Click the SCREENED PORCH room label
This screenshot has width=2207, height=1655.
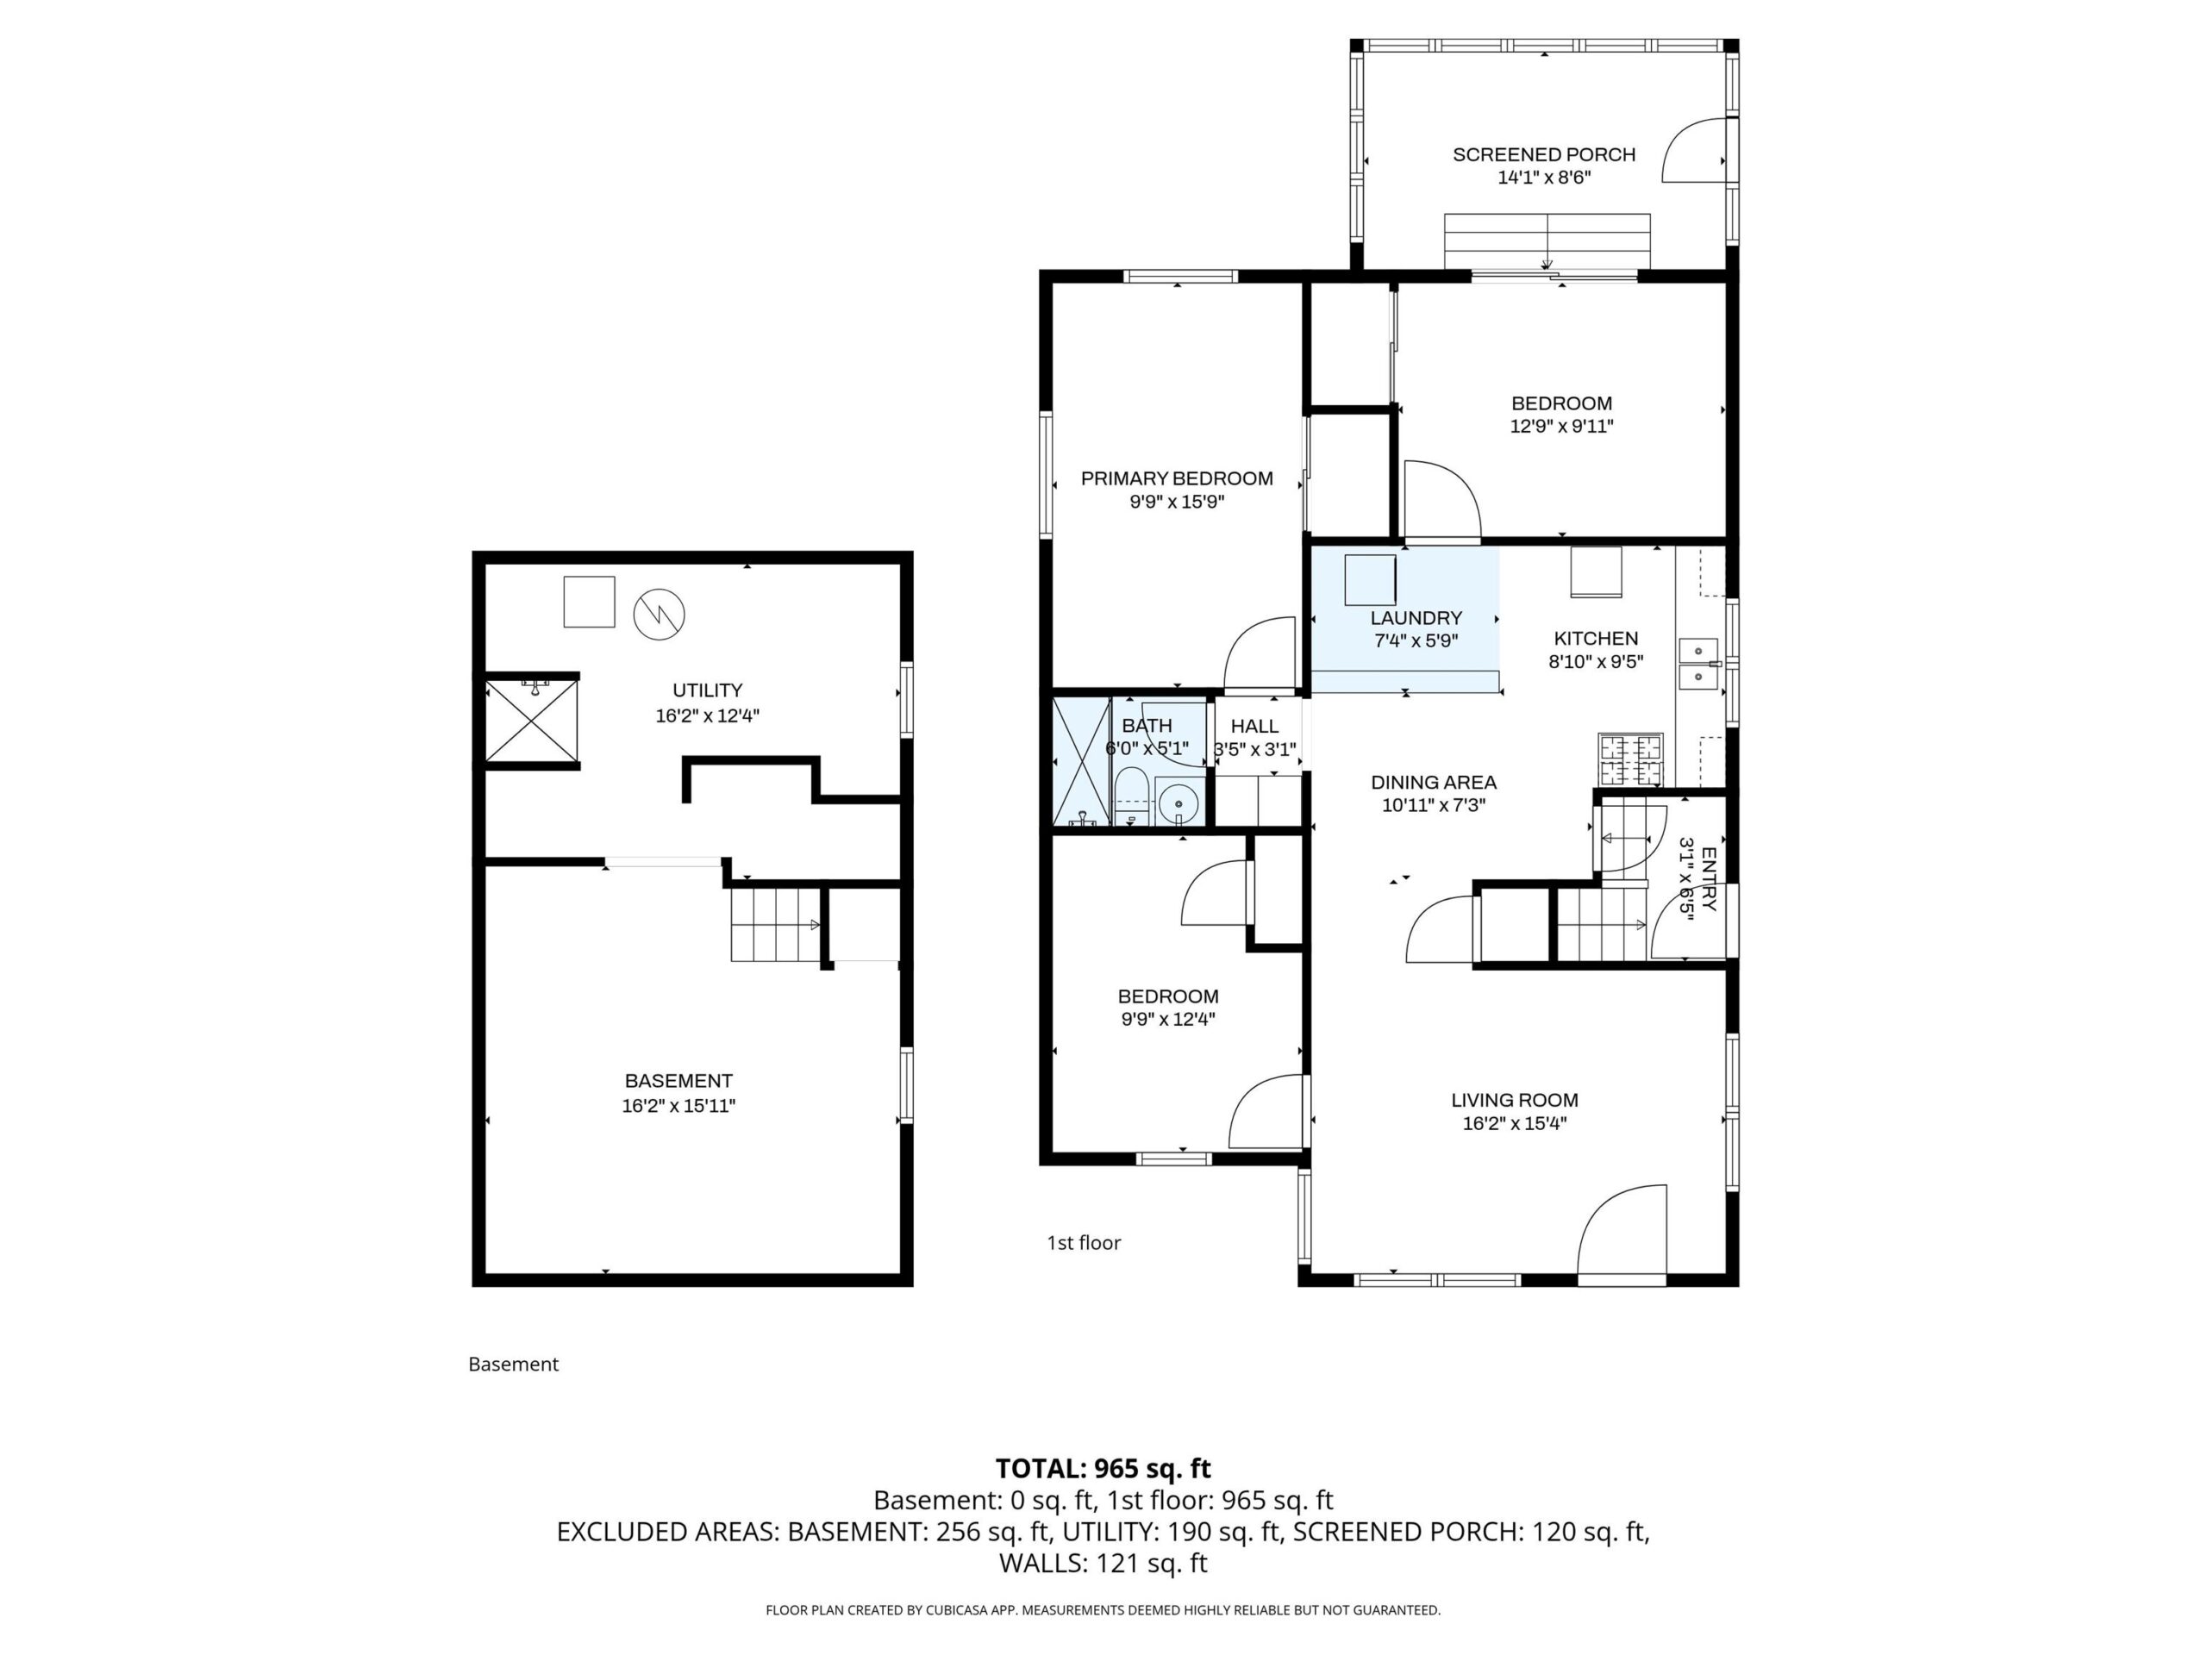(x=1543, y=154)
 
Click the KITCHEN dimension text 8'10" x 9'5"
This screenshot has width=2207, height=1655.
(x=1596, y=661)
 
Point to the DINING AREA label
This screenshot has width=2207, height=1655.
(x=1434, y=783)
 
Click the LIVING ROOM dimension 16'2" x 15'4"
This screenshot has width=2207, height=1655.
(x=1515, y=1123)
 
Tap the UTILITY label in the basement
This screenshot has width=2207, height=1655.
(x=708, y=690)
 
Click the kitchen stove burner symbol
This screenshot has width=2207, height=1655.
(x=1630, y=759)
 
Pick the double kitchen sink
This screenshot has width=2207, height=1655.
(x=1698, y=665)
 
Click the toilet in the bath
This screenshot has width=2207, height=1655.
(x=1129, y=798)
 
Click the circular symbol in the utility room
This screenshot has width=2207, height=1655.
(x=660, y=615)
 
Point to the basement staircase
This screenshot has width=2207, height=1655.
(x=776, y=925)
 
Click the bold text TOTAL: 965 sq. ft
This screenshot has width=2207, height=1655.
(x=1103, y=1469)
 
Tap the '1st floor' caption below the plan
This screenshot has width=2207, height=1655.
(x=1084, y=1243)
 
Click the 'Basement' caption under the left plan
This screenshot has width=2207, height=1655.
(x=513, y=1365)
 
